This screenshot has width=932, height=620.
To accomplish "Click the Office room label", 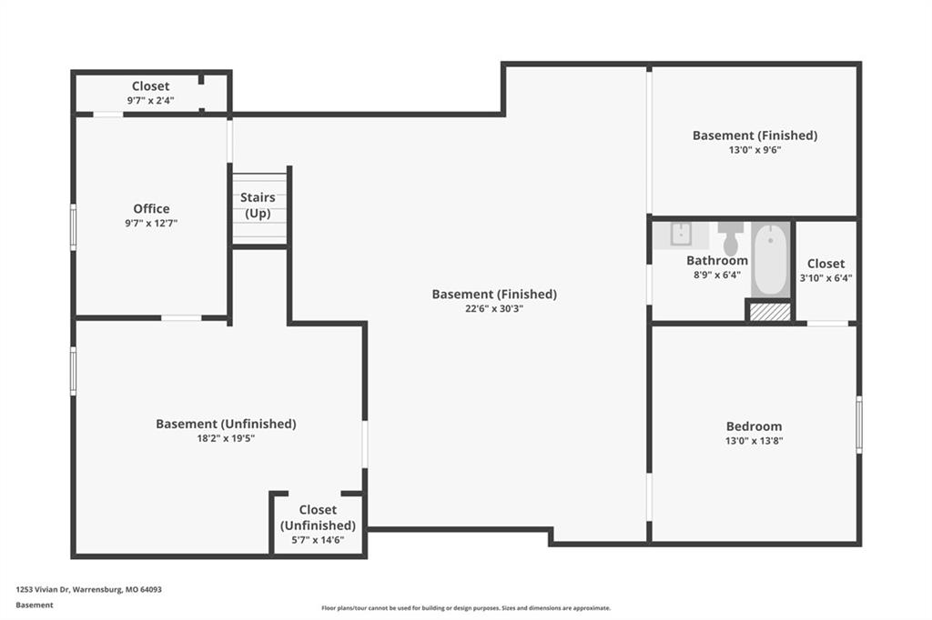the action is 151,208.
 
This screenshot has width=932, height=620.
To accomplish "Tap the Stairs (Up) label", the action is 258,205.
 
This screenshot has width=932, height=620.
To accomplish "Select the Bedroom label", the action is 754,426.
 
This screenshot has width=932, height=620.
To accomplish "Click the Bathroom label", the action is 717,260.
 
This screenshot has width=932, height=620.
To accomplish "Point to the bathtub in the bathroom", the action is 771,259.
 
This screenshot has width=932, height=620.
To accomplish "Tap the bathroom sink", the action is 681,234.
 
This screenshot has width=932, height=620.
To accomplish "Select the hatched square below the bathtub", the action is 770,312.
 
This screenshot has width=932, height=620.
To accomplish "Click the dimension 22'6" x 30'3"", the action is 494,309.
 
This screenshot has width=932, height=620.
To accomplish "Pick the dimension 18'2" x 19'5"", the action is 226,438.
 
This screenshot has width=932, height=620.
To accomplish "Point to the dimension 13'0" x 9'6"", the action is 755,150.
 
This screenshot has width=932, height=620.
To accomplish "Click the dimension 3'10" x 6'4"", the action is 826,278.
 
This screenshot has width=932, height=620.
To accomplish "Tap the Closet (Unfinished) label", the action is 318,517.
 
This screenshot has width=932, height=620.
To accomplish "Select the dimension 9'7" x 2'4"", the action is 150,100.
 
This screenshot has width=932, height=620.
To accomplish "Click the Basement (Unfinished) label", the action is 226,424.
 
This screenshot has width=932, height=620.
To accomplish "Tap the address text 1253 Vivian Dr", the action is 43,589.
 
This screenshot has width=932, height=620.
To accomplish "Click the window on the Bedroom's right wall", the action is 859,425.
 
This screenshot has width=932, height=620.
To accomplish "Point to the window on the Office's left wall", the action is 73,227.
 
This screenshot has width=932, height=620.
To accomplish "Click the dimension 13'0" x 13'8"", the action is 754,441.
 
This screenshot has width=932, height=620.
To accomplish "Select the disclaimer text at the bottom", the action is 466,607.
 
